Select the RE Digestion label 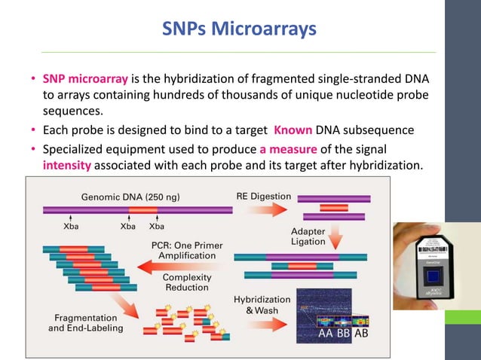[263, 197]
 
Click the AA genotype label [326, 334]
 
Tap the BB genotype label [344, 334]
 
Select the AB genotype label [362, 334]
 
